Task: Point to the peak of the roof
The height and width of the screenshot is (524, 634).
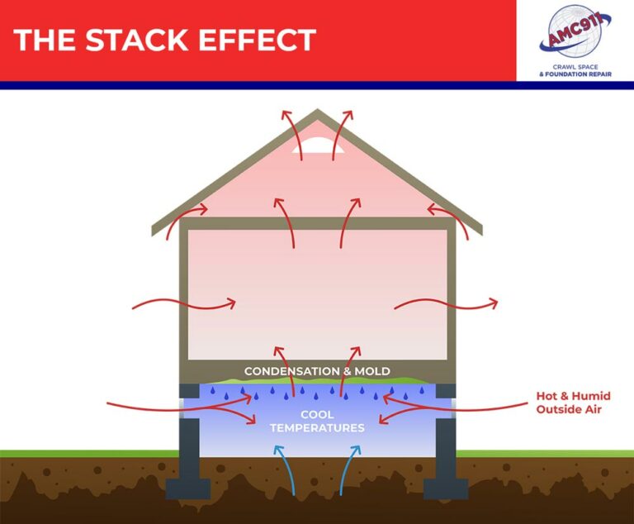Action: (x=318, y=113)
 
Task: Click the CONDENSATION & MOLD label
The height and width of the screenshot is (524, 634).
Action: (x=317, y=371)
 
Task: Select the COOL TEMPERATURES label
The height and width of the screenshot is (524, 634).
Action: (x=317, y=421)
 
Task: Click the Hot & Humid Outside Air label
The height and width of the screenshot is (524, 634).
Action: (x=573, y=403)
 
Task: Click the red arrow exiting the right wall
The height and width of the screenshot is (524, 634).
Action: (x=446, y=304)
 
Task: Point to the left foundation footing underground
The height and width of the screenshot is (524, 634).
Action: (x=188, y=487)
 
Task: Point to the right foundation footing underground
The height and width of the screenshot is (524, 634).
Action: (x=446, y=487)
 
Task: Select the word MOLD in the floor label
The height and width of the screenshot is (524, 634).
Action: (x=372, y=371)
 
